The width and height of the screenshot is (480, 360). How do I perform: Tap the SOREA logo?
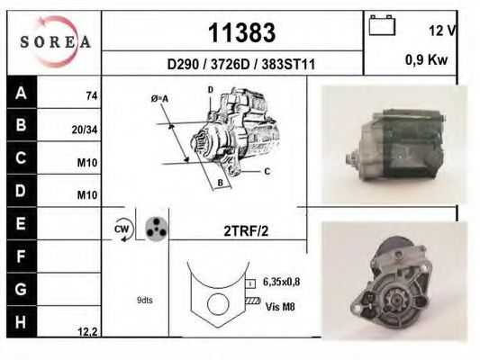point(54,41)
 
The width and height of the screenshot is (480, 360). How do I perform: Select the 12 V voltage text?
point(442,30)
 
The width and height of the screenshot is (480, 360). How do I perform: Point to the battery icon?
point(383,26)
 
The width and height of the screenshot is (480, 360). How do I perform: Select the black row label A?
point(20,93)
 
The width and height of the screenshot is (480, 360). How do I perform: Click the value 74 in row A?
point(91,95)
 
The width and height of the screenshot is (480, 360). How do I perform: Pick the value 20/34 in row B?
point(84,129)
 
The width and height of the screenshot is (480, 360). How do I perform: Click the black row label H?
point(20,321)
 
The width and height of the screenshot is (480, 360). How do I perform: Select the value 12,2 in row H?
point(87,331)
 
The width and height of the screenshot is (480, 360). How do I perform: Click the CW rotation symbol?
point(122,229)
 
